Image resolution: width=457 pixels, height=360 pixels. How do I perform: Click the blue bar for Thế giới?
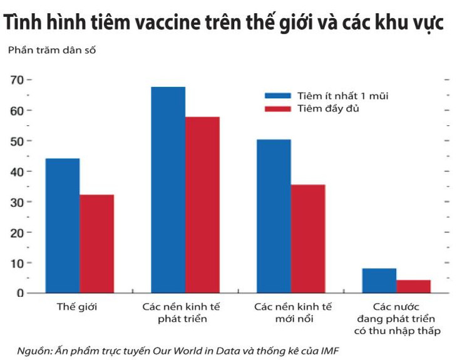coord(62,225)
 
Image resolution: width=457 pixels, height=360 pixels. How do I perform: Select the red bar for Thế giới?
coord(96,244)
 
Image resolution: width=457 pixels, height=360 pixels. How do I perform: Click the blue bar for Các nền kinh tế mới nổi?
coord(274,216)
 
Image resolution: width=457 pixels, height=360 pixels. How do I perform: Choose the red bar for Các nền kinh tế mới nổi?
coord(308,239)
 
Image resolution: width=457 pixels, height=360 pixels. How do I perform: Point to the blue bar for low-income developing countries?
coord(379,280)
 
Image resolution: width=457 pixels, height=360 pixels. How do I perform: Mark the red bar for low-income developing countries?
coord(413,286)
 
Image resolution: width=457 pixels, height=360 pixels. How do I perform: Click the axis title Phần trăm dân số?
coord(52,49)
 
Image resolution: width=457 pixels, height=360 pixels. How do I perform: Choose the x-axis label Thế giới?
coord(77,307)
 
